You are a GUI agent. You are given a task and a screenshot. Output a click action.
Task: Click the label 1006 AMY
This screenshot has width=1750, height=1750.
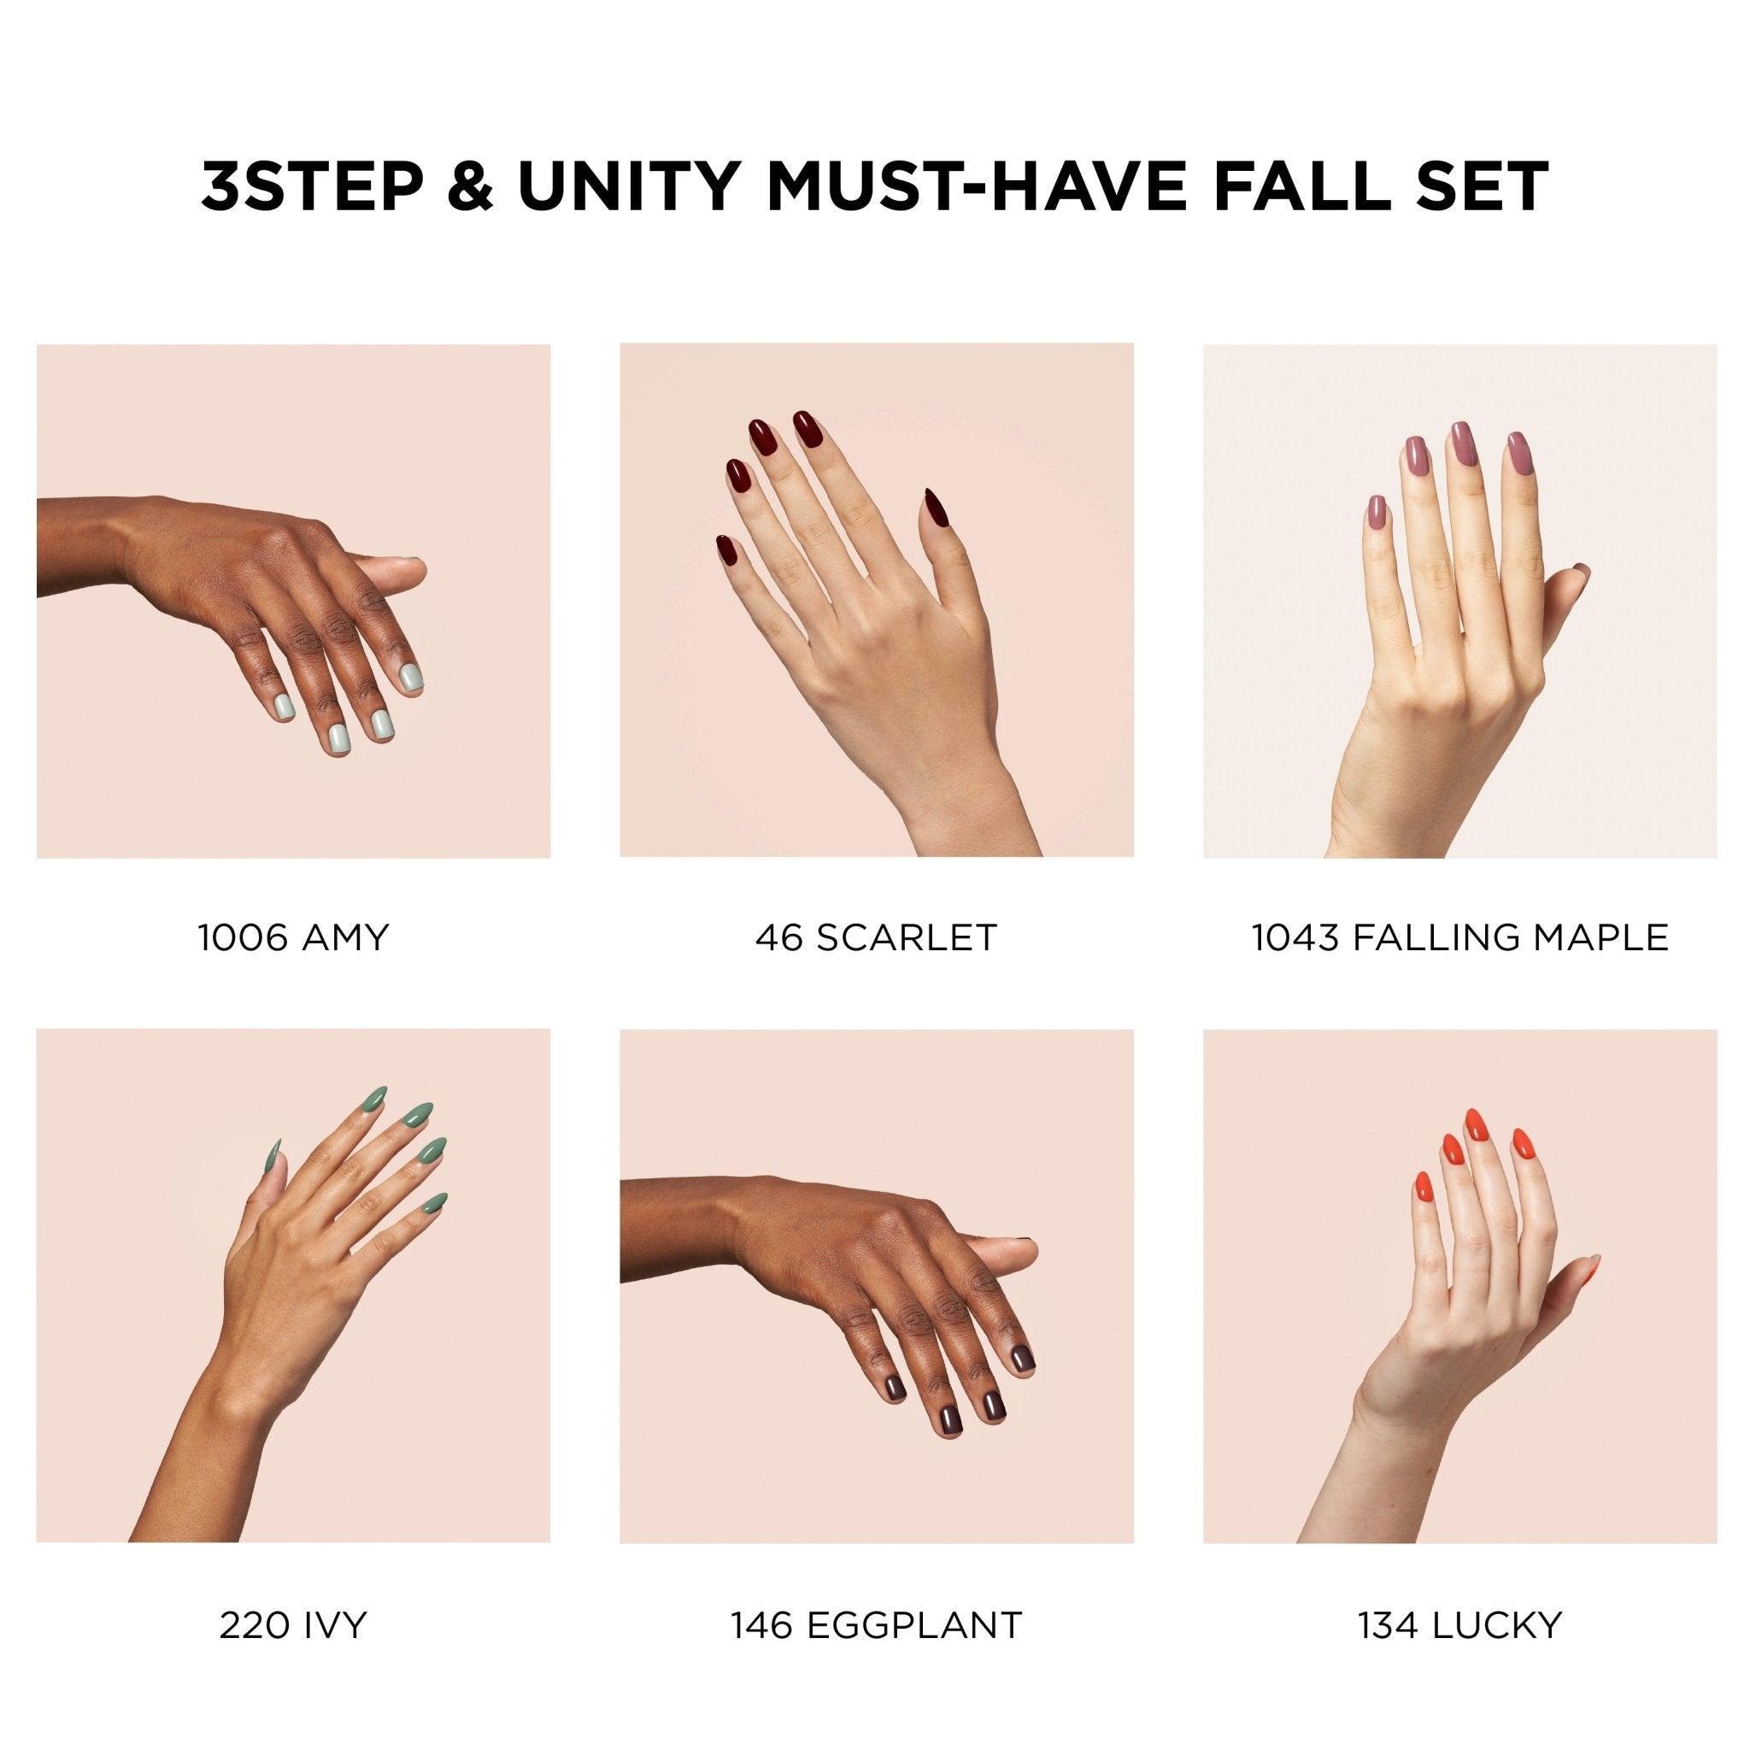point(292,937)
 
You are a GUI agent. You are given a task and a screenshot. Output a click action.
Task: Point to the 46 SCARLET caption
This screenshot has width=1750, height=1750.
point(876,937)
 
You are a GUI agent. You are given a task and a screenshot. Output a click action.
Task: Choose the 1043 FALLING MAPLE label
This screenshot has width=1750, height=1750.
point(1460,937)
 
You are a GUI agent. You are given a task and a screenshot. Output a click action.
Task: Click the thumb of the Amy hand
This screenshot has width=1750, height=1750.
point(390,573)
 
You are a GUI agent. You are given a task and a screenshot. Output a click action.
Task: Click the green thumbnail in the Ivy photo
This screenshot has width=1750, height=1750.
point(271,1155)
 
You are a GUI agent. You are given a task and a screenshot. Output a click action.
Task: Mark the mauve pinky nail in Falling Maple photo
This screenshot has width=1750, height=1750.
point(1375,512)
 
